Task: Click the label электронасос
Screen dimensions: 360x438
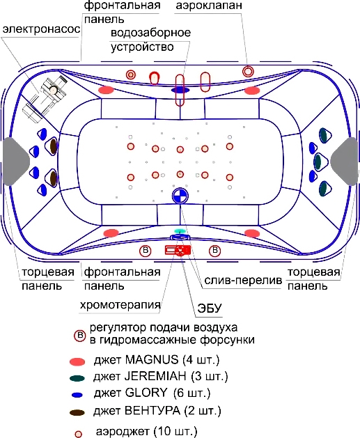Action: point(41,29)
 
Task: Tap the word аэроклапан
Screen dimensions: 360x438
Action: point(209,6)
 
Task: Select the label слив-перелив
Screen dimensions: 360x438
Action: point(243,281)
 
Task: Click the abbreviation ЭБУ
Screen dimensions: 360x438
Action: point(210,308)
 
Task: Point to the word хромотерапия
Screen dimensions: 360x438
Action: point(120,305)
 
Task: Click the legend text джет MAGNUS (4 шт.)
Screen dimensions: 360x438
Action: point(157,360)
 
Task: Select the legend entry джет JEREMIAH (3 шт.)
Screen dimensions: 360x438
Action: point(161,376)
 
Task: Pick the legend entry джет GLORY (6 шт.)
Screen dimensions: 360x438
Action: point(152,393)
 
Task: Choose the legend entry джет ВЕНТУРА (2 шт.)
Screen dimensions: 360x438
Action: point(157,411)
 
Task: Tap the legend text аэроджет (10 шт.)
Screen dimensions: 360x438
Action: point(147,432)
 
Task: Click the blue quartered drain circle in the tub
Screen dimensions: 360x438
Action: point(180,196)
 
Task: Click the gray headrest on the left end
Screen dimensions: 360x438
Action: point(15,162)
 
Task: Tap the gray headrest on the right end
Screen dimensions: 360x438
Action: point(345,162)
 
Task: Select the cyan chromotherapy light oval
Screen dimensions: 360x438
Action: point(180,230)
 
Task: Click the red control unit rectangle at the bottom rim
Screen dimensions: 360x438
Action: point(178,250)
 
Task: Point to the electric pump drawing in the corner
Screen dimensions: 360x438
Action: point(46,99)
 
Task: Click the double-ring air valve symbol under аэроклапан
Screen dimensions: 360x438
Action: point(248,71)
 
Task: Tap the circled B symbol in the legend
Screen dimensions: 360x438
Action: point(80,336)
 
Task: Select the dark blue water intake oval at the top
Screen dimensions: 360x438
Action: point(180,90)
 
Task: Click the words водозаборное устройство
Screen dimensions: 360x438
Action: point(151,40)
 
